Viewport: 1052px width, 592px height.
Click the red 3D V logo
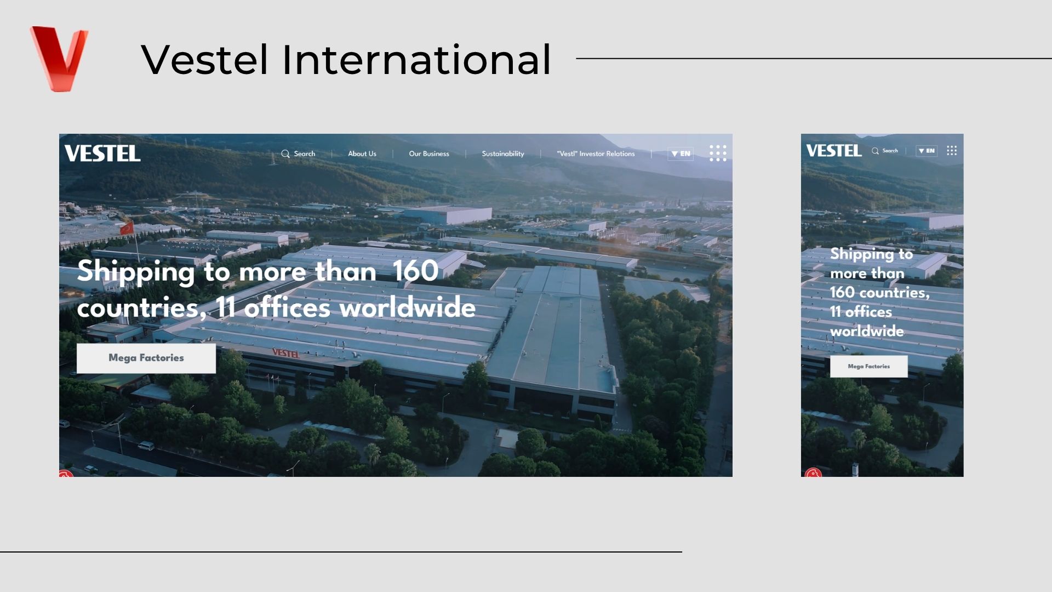(x=59, y=58)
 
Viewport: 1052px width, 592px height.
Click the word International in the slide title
(x=416, y=60)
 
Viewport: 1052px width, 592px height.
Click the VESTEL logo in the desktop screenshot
(x=102, y=153)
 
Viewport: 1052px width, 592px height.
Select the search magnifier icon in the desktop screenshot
(x=285, y=154)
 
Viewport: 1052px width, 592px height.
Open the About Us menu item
(x=362, y=154)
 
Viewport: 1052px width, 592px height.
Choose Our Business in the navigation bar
(x=429, y=154)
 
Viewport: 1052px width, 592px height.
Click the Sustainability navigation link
(x=503, y=154)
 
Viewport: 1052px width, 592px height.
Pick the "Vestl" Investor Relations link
(x=596, y=154)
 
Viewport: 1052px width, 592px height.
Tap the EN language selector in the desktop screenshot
(x=681, y=154)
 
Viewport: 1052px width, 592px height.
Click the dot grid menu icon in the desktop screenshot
(x=718, y=153)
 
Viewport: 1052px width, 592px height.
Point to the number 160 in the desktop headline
(x=415, y=271)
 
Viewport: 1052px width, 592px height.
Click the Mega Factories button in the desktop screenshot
(x=146, y=358)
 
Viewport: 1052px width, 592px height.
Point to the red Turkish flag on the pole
(x=127, y=227)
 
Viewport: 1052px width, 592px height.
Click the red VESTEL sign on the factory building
(x=286, y=353)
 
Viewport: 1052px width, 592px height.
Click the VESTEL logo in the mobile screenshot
(x=834, y=151)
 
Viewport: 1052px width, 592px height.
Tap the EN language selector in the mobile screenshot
(x=927, y=151)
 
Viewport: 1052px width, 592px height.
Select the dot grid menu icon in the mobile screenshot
(x=952, y=151)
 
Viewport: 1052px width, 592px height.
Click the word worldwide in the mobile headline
(x=867, y=331)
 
